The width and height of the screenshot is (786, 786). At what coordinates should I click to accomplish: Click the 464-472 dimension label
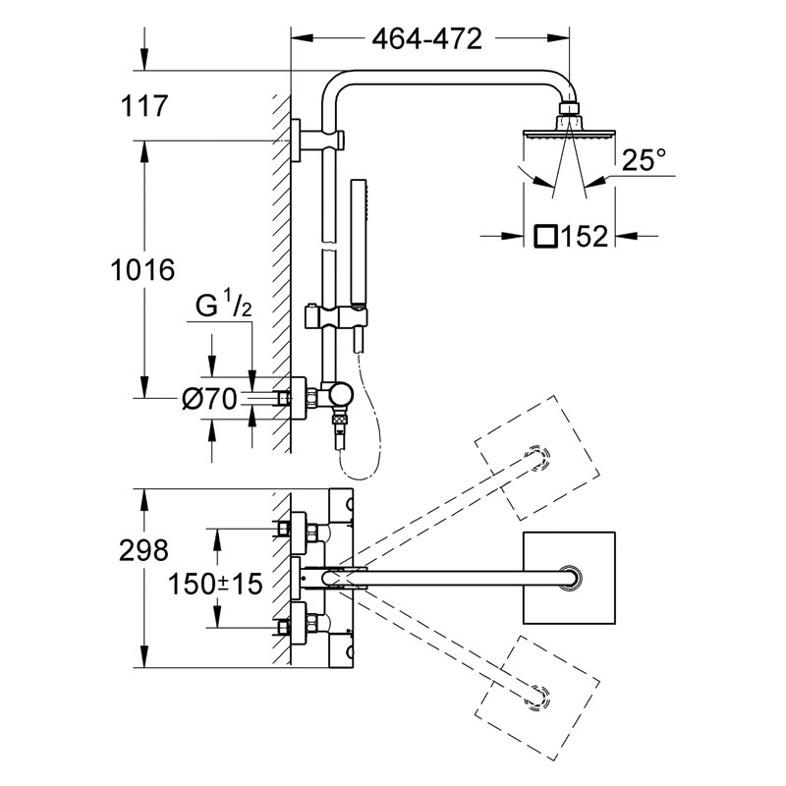pyautogui.click(x=426, y=38)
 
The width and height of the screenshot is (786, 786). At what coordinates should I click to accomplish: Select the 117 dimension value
pyautogui.click(x=144, y=106)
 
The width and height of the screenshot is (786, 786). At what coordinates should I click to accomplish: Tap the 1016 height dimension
pyautogui.click(x=142, y=270)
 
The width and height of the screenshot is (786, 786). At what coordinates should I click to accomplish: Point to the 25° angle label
pyautogui.click(x=645, y=159)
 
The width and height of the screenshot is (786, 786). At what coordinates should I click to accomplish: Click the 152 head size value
pyautogui.click(x=585, y=236)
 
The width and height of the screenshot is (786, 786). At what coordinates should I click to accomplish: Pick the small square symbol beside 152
pyautogui.click(x=545, y=236)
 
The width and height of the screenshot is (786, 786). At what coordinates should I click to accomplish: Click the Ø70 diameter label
pyautogui.click(x=209, y=400)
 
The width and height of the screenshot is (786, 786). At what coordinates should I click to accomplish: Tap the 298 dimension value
pyautogui.click(x=143, y=550)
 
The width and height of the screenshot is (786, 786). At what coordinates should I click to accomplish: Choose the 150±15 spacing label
pyautogui.click(x=215, y=584)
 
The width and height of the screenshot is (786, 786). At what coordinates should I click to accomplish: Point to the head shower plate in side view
pyautogui.click(x=569, y=135)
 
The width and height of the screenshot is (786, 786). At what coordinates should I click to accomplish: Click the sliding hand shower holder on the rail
pyautogui.click(x=336, y=317)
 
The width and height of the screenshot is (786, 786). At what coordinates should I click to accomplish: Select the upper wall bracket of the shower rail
pyautogui.click(x=316, y=140)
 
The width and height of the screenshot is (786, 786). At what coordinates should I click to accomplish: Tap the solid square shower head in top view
pyautogui.click(x=569, y=578)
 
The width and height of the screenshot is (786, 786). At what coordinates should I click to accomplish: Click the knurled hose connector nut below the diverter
pyautogui.click(x=340, y=419)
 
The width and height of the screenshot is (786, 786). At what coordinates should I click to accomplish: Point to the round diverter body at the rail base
pyautogui.click(x=340, y=395)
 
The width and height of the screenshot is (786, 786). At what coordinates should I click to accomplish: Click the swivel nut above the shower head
pyautogui.click(x=569, y=108)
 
